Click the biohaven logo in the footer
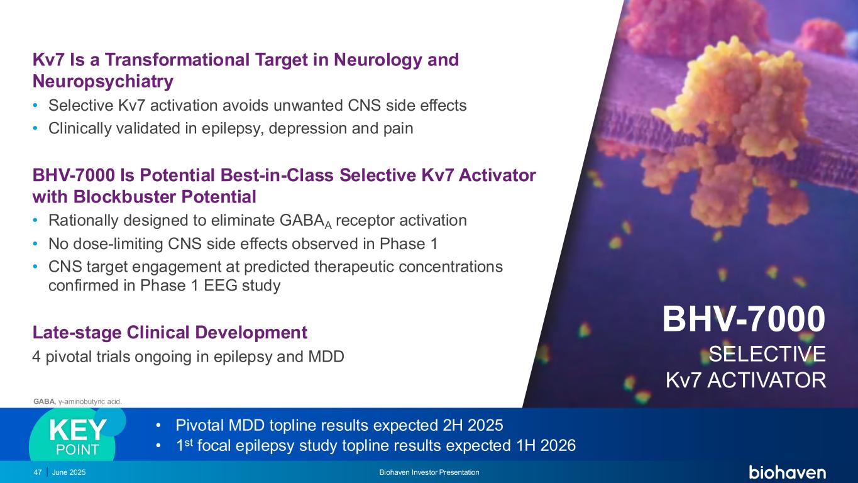[787, 472]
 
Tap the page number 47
[37, 472]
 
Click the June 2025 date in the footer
[69, 472]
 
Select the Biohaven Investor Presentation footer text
[429, 472]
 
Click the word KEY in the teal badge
[78, 430]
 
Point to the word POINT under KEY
[77, 450]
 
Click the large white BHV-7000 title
[744, 319]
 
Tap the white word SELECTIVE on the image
[767, 354]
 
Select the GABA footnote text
[77, 402]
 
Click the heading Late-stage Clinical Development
[170, 332]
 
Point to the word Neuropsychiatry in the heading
[102, 81]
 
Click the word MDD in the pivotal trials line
[326, 357]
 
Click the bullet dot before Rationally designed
[35, 220]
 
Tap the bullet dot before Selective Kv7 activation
[35, 105]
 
